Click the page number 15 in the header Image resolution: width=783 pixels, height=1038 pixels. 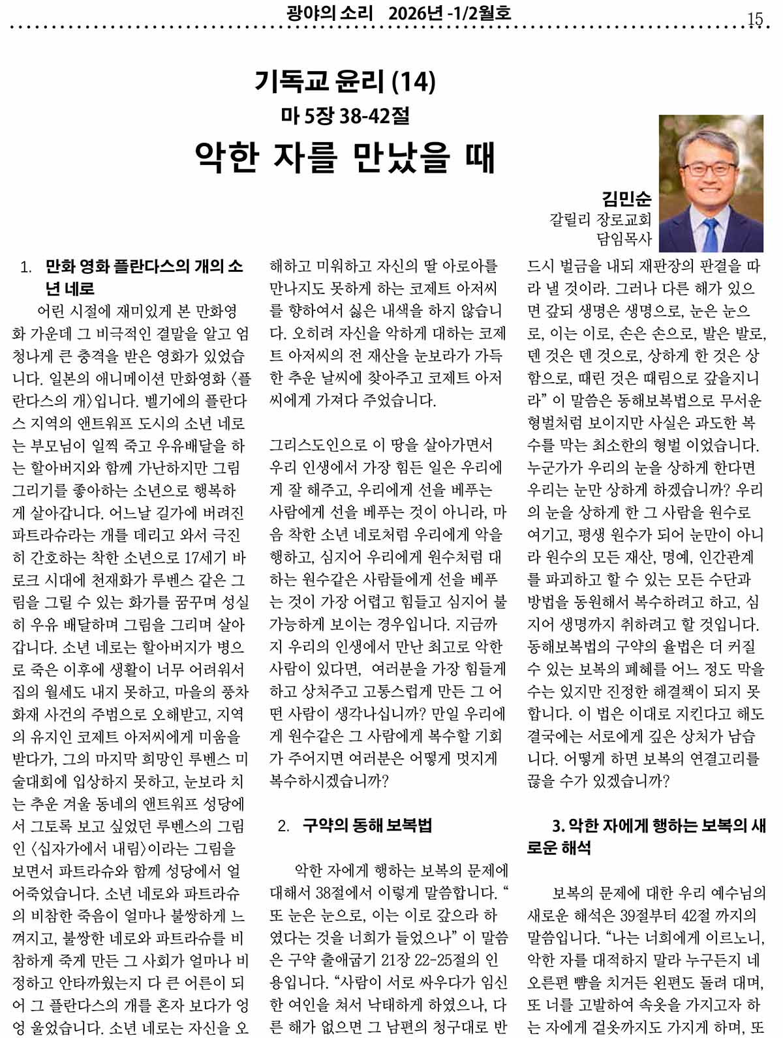click(755, 19)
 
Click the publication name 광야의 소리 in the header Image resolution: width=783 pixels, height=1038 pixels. click(329, 13)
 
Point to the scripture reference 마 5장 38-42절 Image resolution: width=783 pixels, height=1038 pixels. click(345, 116)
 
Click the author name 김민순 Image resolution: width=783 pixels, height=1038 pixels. click(626, 198)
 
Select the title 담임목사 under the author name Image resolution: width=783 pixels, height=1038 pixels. click(624, 239)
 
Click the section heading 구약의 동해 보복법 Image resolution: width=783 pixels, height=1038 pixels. click(367, 825)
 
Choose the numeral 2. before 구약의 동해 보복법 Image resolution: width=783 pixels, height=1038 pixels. click(283, 826)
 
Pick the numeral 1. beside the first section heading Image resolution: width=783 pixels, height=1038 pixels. click(26, 267)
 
